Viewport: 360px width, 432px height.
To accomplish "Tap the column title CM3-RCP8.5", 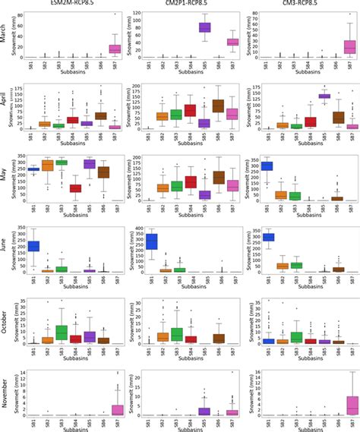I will [x=301, y=4].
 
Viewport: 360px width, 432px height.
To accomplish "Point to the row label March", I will [x=6, y=34].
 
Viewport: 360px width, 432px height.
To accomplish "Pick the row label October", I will [x=6, y=323].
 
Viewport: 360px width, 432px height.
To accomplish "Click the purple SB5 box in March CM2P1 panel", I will [x=204, y=27].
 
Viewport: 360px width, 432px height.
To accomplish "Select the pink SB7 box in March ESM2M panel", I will [x=115, y=49].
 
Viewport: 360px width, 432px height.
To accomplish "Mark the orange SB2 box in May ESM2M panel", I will [x=46, y=165].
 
